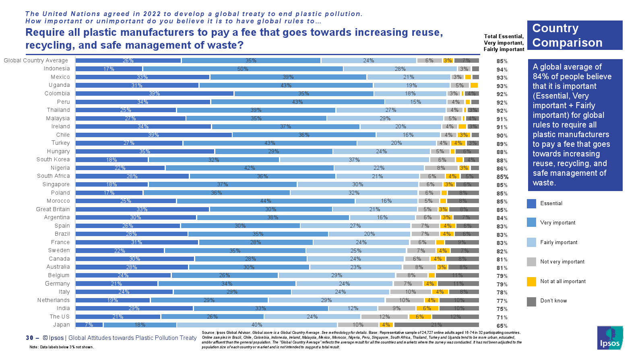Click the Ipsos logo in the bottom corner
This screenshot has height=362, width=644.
point(610,337)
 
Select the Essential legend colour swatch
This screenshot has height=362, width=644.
point(531,204)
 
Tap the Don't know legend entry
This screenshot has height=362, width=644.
point(553,301)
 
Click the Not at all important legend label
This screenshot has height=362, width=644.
point(563,282)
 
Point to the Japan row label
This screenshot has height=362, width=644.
point(62,325)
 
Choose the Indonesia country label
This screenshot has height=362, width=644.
point(57,69)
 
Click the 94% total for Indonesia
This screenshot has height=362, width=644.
point(502,70)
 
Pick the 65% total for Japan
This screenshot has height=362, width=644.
point(502,326)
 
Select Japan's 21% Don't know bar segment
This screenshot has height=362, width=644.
point(436,325)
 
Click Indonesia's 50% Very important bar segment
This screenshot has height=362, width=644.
point(243,69)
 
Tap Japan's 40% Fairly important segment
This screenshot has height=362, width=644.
point(257,325)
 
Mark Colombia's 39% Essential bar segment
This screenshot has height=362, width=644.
point(155,94)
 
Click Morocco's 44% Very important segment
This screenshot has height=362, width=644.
point(266,201)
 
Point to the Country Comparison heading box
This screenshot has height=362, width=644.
point(575,35)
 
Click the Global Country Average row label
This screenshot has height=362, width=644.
point(36,61)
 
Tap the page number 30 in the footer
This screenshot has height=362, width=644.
point(29,338)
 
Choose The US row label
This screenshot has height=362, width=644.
point(60,317)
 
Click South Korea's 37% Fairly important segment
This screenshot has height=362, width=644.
point(354,160)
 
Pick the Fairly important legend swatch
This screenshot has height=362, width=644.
point(531,243)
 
